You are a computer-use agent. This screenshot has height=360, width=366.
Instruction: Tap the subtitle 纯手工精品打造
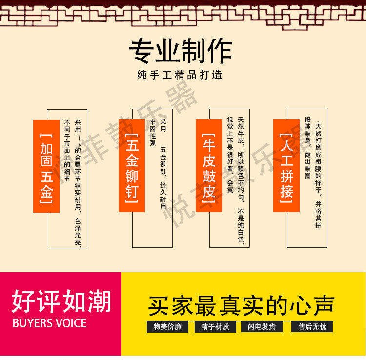point(180,75)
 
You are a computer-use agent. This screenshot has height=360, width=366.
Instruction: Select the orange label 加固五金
point(46,166)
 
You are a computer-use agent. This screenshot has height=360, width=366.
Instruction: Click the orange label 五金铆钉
point(132,166)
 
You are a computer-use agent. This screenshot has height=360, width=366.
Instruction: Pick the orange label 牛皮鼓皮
point(209,166)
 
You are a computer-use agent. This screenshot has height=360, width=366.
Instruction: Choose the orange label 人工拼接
point(286,166)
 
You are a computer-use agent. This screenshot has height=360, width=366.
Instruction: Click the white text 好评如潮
point(61,301)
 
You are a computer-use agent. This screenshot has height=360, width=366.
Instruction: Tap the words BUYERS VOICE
point(49,323)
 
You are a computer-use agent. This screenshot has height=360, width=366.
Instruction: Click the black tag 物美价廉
point(167,327)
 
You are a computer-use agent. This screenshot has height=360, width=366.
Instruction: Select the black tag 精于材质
point(215,327)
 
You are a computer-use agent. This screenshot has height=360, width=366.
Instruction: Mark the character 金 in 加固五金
point(46,193)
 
